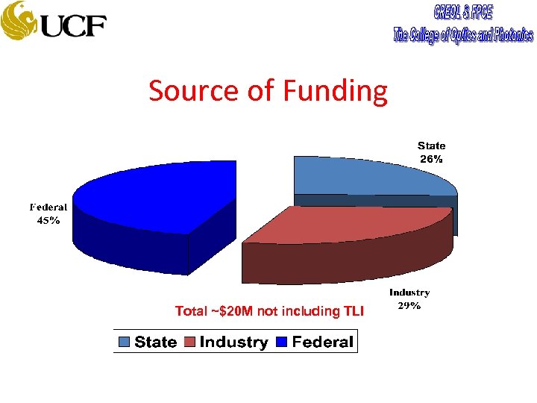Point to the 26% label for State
(x=431, y=159)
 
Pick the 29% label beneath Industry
(x=409, y=305)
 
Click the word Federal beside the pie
(x=48, y=207)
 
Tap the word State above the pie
(x=431, y=146)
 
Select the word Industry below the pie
(x=409, y=293)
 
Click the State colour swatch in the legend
(x=124, y=342)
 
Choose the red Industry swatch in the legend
(x=189, y=342)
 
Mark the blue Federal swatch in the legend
(x=283, y=342)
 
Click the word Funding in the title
(x=335, y=91)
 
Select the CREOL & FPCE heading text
(x=463, y=13)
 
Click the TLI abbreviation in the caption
(x=354, y=311)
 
